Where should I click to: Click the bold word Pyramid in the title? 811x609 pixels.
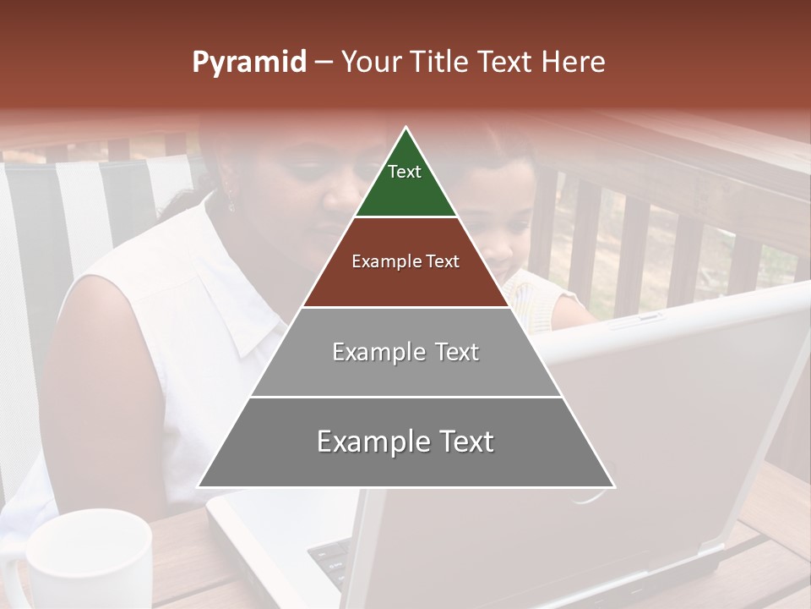(248, 63)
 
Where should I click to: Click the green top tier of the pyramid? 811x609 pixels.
(405, 182)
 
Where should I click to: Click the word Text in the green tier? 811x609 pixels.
(404, 172)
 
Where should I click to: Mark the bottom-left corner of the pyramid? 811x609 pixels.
(198, 487)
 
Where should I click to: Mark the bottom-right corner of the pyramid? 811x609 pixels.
(614, 487)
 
